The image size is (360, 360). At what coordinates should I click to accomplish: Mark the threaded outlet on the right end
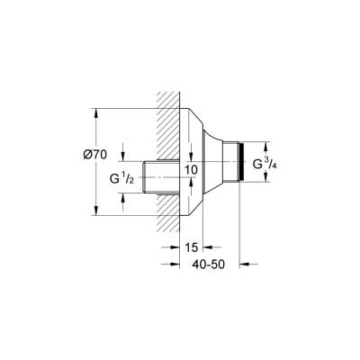point(239,162)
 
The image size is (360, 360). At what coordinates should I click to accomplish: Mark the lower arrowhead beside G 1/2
point(124,197)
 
